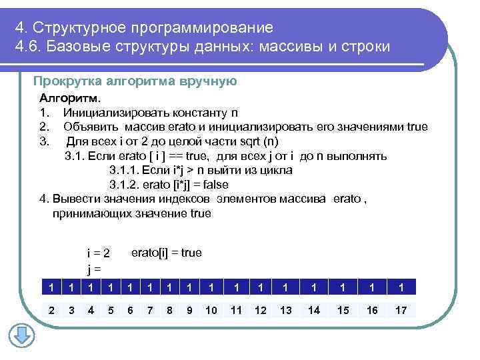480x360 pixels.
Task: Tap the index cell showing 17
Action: click(x=401, y=310)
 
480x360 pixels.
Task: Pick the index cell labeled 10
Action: click(x=211, y=310)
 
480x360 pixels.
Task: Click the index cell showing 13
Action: click(x=286, y=310)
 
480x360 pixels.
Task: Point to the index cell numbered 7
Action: click(x=150, y=310)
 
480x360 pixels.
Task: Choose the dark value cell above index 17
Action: click(x=401, y=287)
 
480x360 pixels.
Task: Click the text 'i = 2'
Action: click(x=98, y=254)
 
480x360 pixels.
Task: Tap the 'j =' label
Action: click(x=94, y=269)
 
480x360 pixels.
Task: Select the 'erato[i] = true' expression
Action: click(x=166, y=253)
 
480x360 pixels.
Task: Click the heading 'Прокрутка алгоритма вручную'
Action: click(x=135, y=81)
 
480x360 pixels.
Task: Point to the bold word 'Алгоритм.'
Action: click(x=67, y=98)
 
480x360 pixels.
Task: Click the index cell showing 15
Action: click(x=343, y=310)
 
